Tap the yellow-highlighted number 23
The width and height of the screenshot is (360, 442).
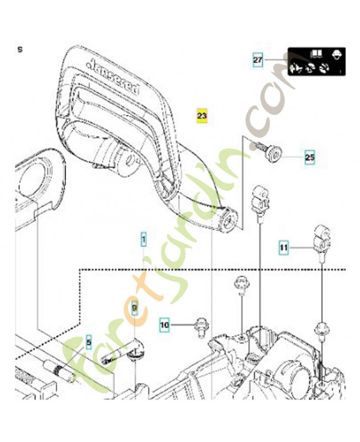point(202,115)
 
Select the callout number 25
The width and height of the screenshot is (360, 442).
point(309,157)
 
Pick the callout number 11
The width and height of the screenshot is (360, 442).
point(283,249)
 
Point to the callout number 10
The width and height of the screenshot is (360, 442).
point(165,325)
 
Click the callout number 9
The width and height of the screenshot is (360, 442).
point(134,306)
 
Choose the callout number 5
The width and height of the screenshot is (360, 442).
point(87,341)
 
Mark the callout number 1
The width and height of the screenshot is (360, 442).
point(144,239)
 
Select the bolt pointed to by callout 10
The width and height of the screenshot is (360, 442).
point(199,328)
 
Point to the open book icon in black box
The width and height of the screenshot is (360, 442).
point(316,54)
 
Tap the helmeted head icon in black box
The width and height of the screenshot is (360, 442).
point(336,54)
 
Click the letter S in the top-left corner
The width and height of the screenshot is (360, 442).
point(20,49)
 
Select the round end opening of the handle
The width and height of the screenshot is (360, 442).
point(228,220)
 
